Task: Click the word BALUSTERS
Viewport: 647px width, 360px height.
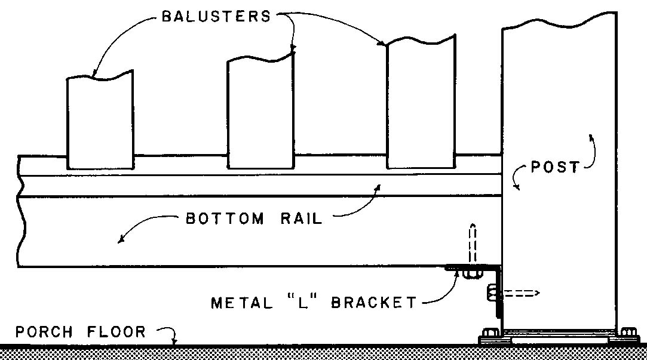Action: coord(216,16)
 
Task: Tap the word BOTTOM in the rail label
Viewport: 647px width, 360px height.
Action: coord(224,219)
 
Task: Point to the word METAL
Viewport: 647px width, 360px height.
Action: coord(241,303)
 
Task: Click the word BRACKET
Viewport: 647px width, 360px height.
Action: coord(374,303)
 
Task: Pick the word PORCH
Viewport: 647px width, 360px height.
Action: coord(47,331)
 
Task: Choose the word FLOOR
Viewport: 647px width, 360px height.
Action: coord(119,331)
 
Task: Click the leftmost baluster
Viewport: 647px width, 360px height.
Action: coord(99,122)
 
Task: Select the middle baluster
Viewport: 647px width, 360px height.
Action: coord(261,113)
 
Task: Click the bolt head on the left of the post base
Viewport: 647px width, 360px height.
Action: coord(492,333)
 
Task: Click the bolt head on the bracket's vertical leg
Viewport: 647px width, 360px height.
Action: coord(489,293)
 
